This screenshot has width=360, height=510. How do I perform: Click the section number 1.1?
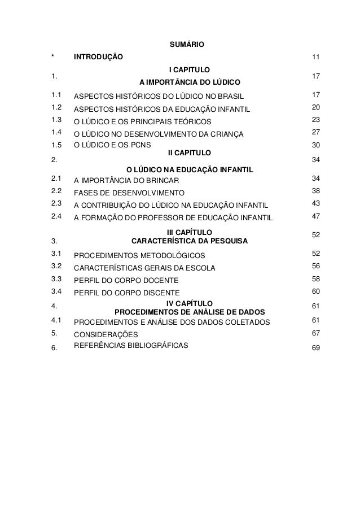55,95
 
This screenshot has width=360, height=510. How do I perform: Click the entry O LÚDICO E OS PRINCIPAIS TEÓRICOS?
142,121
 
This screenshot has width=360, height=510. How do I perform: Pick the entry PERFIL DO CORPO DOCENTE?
127,280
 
